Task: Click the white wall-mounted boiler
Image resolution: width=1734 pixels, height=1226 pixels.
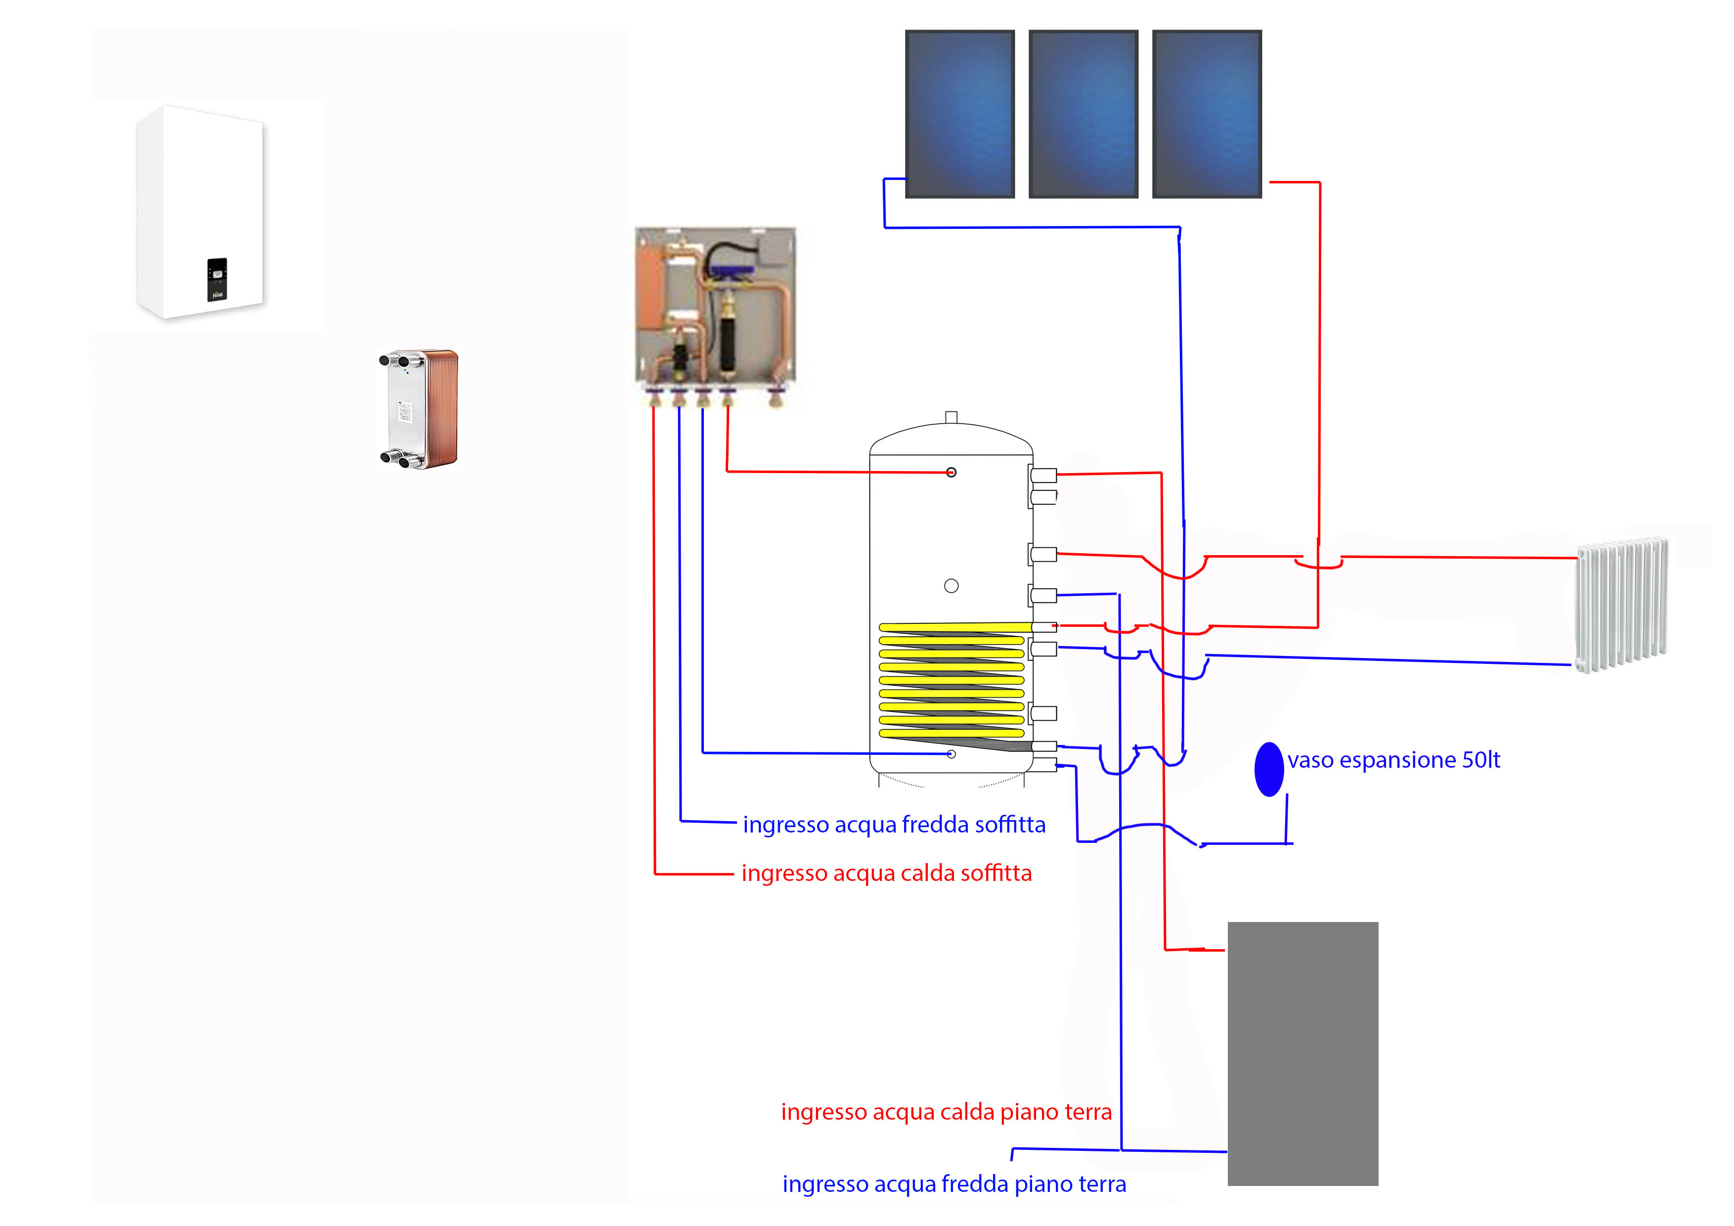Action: coord(200,212)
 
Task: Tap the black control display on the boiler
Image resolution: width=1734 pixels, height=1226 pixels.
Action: coord(217,279)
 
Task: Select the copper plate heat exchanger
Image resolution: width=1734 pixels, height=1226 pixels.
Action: coord(420,409)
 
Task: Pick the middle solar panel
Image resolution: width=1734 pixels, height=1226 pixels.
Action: coord(1083,114)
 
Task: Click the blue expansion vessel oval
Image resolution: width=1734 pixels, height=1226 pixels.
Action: coord(1269,769)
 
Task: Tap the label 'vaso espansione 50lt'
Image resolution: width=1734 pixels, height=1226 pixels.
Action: coord(1393,760)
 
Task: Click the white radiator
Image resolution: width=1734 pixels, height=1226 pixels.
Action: coord(1621,604)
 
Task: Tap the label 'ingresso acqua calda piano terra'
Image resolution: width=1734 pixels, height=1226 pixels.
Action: coord(946,1112)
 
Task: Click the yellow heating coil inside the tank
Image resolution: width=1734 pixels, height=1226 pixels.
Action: coord(952,680)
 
